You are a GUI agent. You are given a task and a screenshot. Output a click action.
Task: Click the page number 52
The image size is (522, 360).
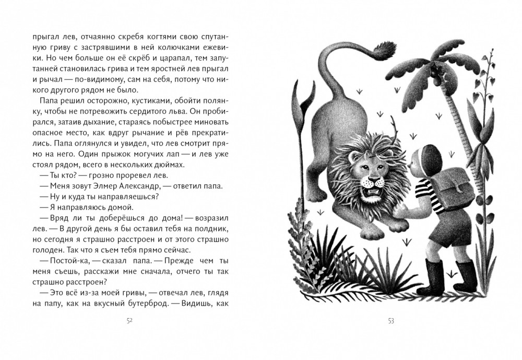(130, 321)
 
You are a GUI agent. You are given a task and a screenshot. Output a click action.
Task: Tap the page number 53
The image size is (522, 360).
(391, 321)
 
